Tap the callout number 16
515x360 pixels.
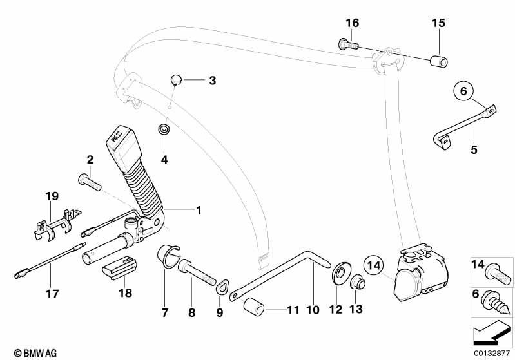tap(351, 23)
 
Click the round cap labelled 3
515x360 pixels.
tap(174, 79)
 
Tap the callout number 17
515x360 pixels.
tap(52, 294)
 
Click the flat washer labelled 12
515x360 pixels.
tap(337, 276)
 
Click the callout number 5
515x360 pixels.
tap(474, 149)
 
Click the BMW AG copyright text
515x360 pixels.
tap(31, 353)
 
